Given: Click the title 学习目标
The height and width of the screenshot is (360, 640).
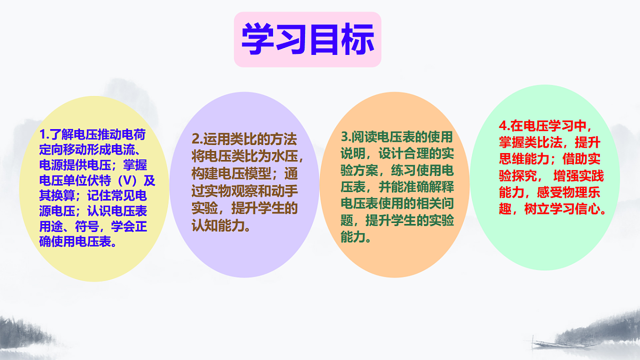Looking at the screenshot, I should [308, 39].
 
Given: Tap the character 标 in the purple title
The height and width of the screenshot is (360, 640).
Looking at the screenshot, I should [357, 39].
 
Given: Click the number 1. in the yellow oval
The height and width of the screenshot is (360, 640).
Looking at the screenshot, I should [44, 134].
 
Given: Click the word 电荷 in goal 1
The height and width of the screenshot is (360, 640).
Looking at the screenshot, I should [134, 134].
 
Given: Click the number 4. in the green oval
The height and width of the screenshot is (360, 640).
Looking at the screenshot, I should [504, 126].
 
